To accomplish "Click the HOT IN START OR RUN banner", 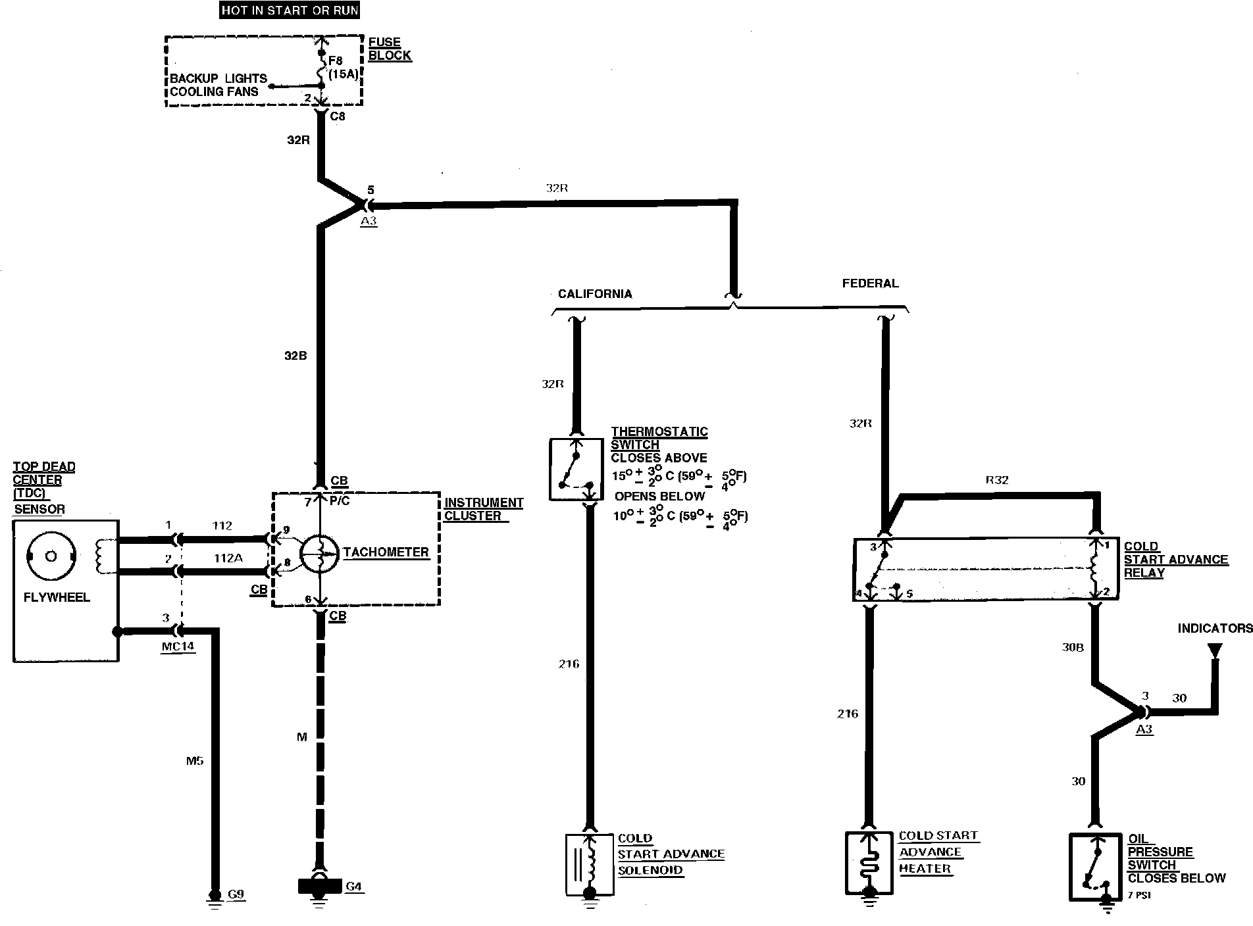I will [x=290, y=11].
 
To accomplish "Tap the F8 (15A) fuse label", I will [x=343, y=68].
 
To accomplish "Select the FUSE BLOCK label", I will [x=390, y=49].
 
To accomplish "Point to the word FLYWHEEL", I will [x=57, y=598].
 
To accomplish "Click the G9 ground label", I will [x=236, y=894].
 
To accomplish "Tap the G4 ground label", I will [x=353, y=887].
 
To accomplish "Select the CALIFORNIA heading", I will [x=595, y=294].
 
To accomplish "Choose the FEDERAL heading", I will [x=870, y=283].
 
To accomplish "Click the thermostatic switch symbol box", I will [x=576, y=470].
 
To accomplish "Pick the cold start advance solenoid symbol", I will [x=590, y=865].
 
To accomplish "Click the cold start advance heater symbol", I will [x=869, y=864].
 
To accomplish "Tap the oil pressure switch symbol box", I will [x=1094, y=867].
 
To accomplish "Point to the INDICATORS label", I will [x=1215, y=628].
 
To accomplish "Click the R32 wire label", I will [x=997, y=480].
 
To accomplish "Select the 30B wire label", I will [x=1072, y=648].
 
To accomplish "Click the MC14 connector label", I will [x=178, y=646].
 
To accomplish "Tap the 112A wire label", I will [x=228, y=558].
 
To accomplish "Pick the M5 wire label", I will [x=194, y=761].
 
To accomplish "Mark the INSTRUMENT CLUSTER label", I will [x=483, y=509].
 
